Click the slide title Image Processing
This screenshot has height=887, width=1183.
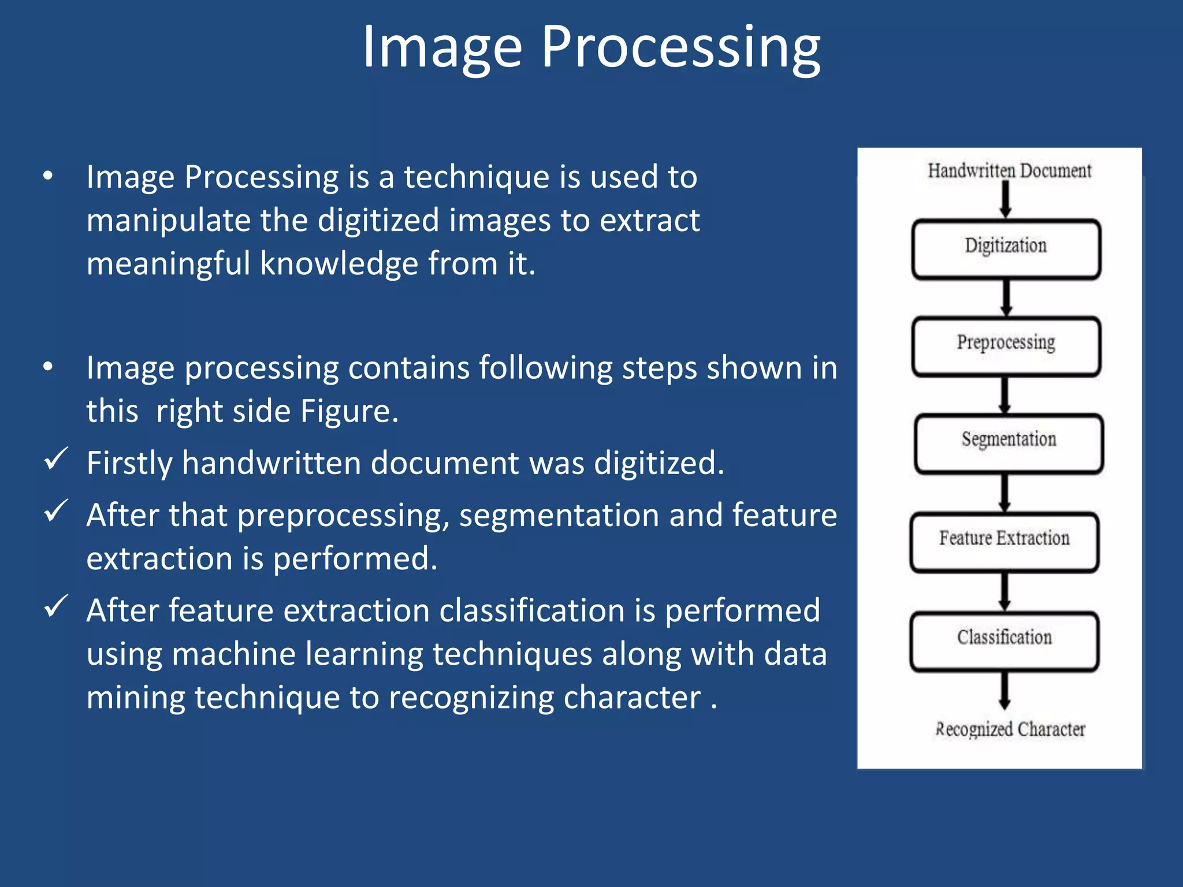590,47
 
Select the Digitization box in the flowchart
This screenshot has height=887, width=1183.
1006,249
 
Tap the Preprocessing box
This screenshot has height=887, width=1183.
1006,346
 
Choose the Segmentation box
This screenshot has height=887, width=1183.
1009,443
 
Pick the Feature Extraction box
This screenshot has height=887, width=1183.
1004,542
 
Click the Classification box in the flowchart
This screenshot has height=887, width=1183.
1004,641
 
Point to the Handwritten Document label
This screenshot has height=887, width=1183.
1009,171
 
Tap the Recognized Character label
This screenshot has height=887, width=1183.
1010,729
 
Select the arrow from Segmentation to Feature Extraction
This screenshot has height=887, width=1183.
1005,493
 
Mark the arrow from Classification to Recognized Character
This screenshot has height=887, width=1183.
1005,690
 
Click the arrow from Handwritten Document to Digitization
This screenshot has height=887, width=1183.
1006,200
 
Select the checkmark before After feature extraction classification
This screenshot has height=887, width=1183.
56,606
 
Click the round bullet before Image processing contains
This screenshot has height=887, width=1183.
49,367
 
